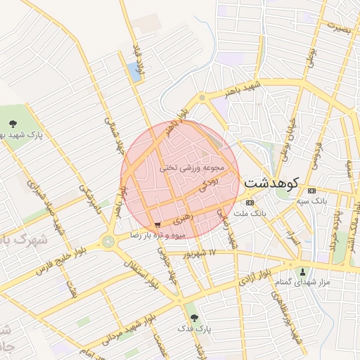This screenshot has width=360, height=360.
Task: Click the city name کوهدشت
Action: [271, 183]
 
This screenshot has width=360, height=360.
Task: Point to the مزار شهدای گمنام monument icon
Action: [303, 272]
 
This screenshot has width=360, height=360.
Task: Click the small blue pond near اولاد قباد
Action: [133, 72]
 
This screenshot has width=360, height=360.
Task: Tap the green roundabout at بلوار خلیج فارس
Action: [108, 242]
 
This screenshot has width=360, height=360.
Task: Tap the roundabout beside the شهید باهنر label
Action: [202, 98]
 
